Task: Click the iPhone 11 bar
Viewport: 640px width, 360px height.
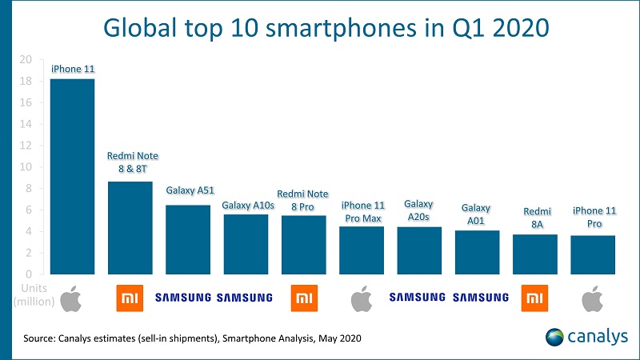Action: point(72,176)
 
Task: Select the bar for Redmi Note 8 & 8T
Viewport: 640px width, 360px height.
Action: point(130,228)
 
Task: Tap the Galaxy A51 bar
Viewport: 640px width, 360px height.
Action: point(188,239)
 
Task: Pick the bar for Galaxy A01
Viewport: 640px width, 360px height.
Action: point(477,252)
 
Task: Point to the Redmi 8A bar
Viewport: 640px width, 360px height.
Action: point(534,254)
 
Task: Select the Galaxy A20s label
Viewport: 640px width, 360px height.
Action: point(418,210)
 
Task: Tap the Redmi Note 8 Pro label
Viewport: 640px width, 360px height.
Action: point(303,200)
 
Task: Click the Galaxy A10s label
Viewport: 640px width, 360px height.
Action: point(246,206)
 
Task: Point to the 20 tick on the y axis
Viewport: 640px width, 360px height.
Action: point(26,60)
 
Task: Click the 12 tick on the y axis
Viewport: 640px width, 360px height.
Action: point(26,146)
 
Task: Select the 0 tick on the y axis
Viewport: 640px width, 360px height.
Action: point(30,274)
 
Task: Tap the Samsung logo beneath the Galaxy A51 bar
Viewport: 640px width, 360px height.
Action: point(183,298)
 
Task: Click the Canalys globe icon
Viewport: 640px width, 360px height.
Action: point(555,337)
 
